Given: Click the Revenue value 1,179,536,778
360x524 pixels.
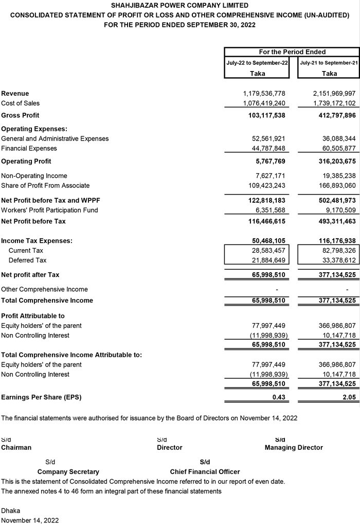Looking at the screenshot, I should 264,94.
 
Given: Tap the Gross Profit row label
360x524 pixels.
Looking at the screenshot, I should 20,115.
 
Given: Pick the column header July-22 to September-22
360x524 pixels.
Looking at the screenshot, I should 257,63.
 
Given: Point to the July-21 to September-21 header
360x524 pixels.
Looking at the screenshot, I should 329,63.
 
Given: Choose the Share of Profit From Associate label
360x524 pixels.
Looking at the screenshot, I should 45,185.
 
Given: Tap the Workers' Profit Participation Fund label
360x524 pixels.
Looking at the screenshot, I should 49,210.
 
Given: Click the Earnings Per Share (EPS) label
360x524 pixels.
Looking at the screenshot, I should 41,397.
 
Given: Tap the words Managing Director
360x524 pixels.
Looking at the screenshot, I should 294,447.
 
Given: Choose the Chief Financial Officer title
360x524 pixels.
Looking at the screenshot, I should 205,471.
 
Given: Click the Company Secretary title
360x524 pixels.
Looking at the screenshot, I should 68,471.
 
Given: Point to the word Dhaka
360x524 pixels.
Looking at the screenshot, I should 10,510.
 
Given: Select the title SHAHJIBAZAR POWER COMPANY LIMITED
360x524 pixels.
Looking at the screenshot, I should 179,5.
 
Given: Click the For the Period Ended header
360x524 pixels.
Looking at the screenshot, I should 292,52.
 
